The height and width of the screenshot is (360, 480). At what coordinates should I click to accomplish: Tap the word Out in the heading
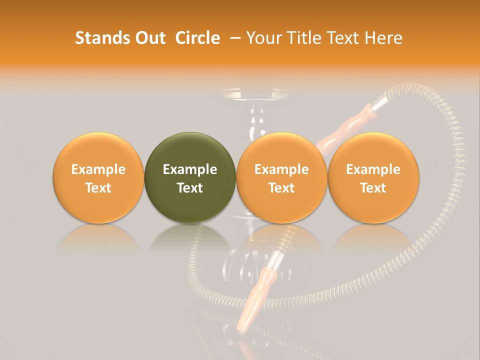(149, 38)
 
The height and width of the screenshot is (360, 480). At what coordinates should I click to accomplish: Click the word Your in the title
(263, 38)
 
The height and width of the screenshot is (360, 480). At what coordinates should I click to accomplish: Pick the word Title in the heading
(301, 38)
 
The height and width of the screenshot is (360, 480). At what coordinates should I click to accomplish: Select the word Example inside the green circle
(190, 169)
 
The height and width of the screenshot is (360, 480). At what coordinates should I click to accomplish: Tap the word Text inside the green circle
(190, 187)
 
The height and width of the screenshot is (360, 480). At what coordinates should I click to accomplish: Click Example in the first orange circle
(98, 169)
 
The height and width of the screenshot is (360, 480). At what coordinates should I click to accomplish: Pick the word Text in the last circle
(373, 187)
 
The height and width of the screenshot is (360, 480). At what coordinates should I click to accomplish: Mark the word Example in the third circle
(281, 169)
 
